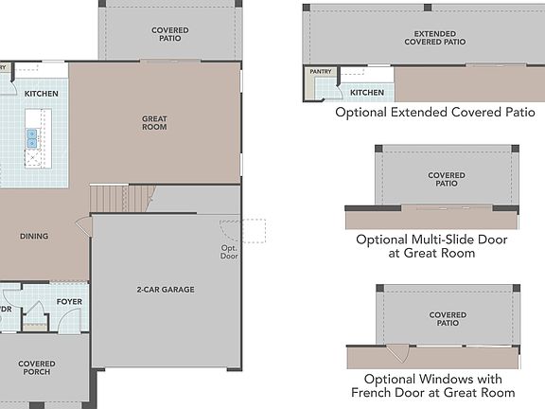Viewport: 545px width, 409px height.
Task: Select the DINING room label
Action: [33, 237]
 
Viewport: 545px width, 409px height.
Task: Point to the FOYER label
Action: [69, 302]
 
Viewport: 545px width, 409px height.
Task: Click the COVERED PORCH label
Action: [36, 368]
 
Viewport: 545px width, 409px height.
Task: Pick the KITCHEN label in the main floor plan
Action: [41, 94]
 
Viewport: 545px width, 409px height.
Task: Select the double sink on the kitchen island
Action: [31, 137]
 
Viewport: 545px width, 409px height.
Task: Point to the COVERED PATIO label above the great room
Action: [169, 36]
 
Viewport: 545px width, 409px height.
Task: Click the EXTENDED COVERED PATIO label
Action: [434, 38]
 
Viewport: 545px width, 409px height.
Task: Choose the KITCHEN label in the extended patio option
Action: [367, 93]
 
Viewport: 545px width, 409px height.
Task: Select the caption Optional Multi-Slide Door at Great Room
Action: [431, 246]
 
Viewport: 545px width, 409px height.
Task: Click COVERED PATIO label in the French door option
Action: [447, 320]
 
